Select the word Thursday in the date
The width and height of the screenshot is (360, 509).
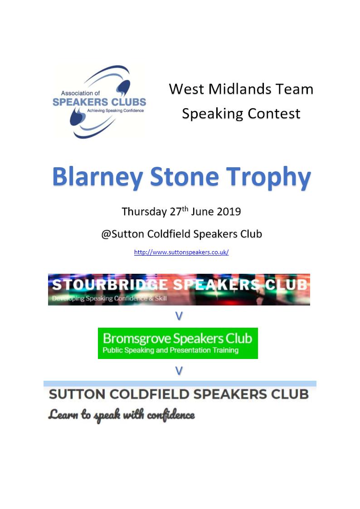pos(144,212)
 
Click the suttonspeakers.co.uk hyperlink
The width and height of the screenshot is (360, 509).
pos(181,252)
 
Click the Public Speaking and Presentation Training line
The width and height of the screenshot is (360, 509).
pos(170,350)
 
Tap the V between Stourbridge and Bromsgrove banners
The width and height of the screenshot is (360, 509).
pos(179,316)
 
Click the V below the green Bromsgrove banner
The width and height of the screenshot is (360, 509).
pos(179,371)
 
